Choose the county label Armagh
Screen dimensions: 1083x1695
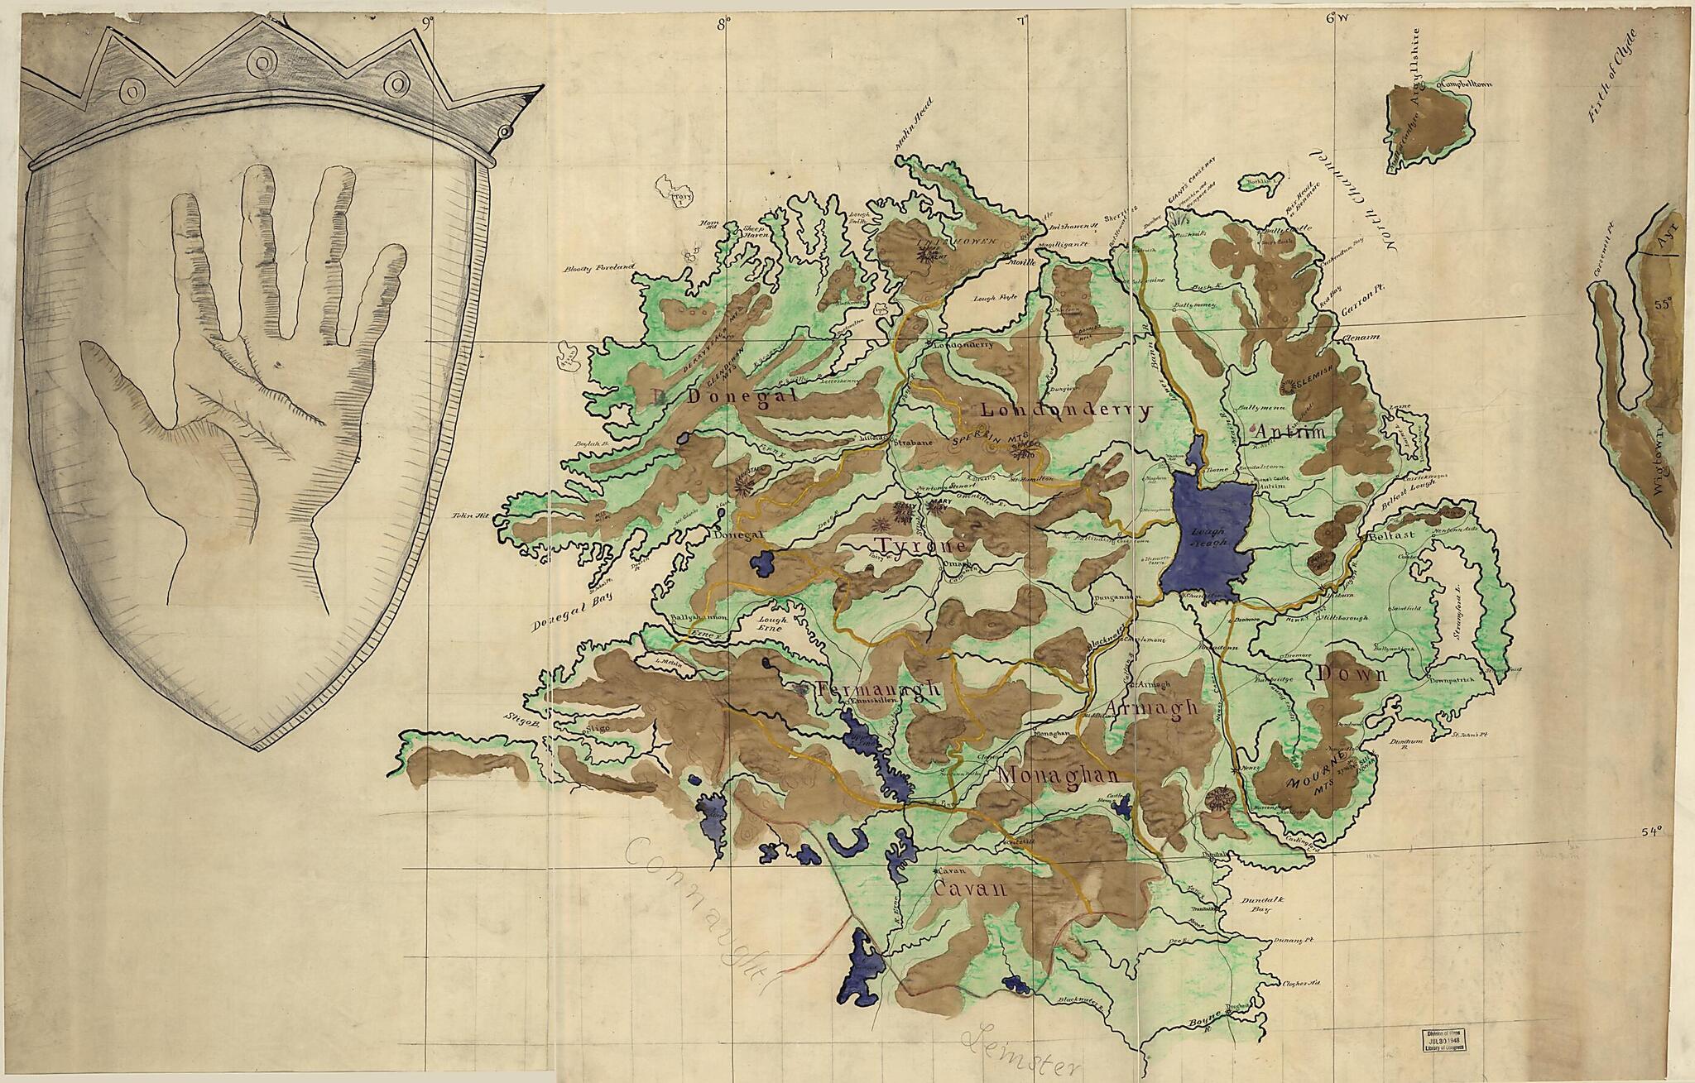1151,707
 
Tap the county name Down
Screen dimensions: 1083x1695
1352,674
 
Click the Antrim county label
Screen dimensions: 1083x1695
1290,431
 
